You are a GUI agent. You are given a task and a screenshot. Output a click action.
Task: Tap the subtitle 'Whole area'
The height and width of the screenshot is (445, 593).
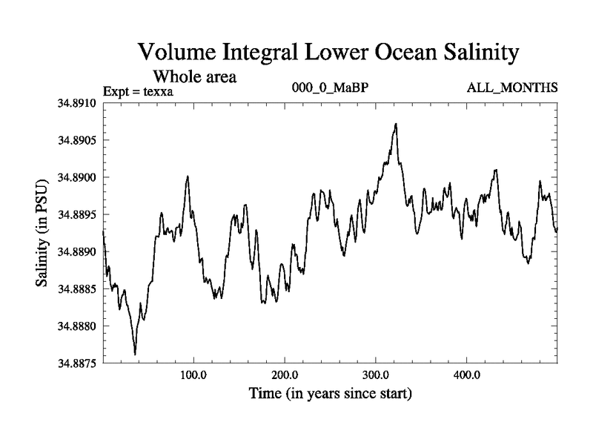point(194,76)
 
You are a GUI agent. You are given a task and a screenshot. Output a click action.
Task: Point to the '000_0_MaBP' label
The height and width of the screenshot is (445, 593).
point(331,88)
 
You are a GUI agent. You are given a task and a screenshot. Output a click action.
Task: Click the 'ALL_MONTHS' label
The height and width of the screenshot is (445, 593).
point(511,88)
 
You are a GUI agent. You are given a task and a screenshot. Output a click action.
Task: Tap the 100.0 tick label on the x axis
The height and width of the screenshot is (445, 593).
point(193,375)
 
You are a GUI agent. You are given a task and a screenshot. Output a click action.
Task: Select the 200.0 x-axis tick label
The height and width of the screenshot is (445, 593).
point(285,375)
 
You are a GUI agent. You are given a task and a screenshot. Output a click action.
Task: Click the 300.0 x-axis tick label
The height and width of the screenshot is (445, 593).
point(376,375)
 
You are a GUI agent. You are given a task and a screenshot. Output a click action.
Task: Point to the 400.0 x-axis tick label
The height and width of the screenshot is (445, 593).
point(467,375)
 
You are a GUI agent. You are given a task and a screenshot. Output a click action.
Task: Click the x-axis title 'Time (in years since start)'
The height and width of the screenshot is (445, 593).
point(330,393)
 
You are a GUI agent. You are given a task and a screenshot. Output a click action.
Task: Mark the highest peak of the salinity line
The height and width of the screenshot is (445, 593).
point(396,124)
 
